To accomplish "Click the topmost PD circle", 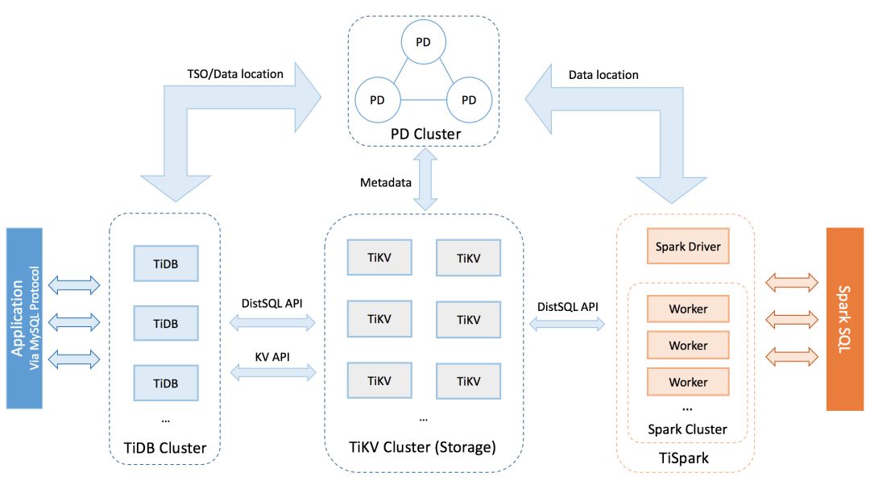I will pyautogui.click(x=423, y=41).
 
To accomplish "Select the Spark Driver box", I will pyautogui.click(x=687, y=247).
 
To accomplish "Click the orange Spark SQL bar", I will pyautogui.click(x=844, y=319).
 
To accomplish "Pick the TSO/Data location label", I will pyautogui.click(x=234, y=74).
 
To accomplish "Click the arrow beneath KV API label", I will pyautogui.click(x=273, y=371).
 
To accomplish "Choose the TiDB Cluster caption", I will pyautogui.click(x=166, y=447).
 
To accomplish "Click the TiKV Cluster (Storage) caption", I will pyautogui.click(x=424, y=446).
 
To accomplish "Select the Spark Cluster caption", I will pyautogui.click(x=687, y=429).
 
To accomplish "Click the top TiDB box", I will pyautogui.click(x=166, y=263).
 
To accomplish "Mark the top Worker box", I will pyautogui.click(x=687, y=309).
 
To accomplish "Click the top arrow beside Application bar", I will pyautogui.click(x=74, y=284).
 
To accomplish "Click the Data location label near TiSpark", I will pyautogui.click(x=603, y=75).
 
